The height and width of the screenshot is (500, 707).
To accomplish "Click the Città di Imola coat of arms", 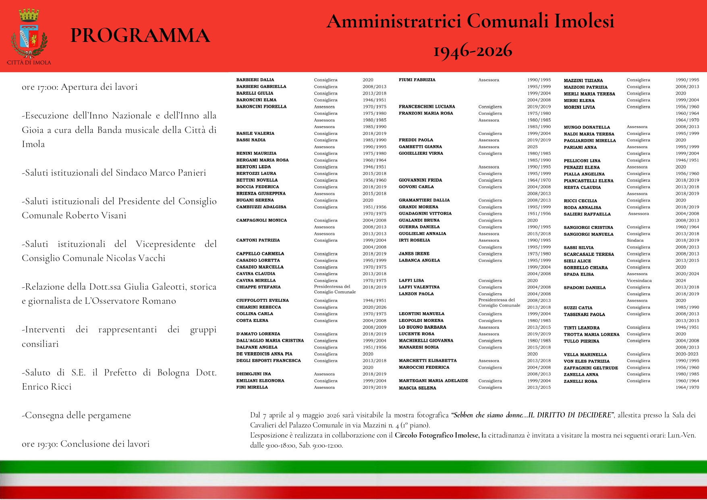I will click(x=29, y=35).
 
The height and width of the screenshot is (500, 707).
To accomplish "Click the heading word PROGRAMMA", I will click(x=140, y=35).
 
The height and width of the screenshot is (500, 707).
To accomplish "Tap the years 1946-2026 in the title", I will click(x=472, y=51).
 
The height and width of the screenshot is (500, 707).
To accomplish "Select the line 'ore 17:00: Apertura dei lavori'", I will click(x=79, y=87).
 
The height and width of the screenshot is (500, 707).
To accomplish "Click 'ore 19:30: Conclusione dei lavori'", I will click(x=85, y=444).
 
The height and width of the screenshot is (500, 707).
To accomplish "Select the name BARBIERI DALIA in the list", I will click(x=255, y=80).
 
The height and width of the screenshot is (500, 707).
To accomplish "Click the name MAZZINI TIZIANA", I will click(x=583, y=81).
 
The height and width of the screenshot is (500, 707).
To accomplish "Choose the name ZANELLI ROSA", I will click(x=580, y=381).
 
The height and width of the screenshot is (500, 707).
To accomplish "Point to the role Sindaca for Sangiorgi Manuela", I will click(x=635, y=241).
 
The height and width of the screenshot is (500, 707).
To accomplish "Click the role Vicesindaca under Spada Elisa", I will click(x=639, y=280).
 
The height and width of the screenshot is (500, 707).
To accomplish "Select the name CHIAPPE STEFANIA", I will click(x=258, y=287).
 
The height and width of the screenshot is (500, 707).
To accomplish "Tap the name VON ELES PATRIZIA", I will click(x=587, y=361).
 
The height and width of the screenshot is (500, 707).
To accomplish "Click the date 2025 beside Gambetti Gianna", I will click(x=532, y=147).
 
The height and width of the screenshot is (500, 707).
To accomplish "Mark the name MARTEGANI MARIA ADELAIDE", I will click(x=433, y=381).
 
